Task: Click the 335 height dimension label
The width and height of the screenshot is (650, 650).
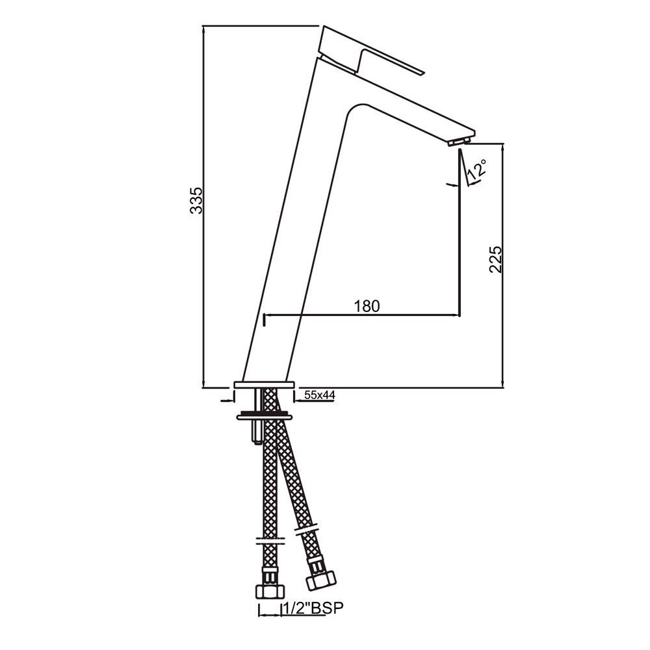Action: [196, 200]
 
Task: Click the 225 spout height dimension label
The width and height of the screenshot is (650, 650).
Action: [496, 259]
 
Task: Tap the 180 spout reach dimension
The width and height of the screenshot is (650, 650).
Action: [367, 306]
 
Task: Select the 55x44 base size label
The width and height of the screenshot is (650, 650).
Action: [320, 395]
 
